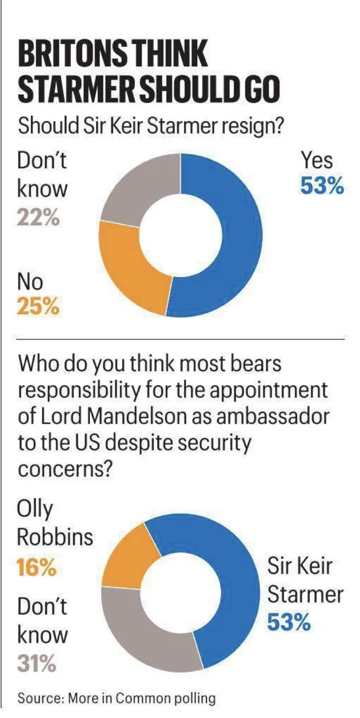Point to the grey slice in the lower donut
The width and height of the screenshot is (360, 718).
click(142, 630)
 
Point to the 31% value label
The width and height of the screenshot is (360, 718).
click(37, 663)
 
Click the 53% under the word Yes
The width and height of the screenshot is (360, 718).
click(322, 186)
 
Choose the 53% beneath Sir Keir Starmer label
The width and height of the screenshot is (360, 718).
click(289, 622)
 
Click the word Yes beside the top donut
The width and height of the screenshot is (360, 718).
click(317, 160)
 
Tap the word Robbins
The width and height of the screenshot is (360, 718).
click(55, 537)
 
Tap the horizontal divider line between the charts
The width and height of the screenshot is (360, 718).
click(181, 338)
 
